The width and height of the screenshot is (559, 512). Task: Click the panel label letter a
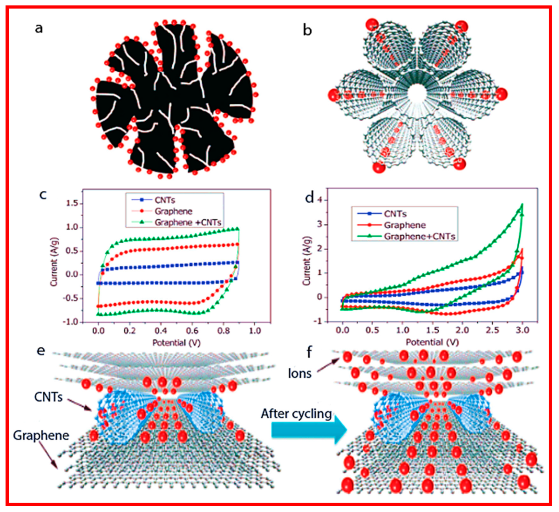point(39,28)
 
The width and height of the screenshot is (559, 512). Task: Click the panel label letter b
point(307,30)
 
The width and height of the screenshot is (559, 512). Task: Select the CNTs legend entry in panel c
point(165,200)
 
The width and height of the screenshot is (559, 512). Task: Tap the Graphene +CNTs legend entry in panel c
point(188,222)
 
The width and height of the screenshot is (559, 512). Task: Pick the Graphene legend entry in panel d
point(405,225)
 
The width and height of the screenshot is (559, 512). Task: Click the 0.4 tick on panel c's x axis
point(161,331)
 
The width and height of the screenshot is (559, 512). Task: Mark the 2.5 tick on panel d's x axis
point(492,330)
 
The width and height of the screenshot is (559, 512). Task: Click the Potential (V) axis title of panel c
point(176,343)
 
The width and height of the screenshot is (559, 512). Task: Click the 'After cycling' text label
point(296,414)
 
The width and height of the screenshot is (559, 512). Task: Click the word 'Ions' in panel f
point(299,374)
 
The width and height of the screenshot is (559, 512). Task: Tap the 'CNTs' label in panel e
point(49,397)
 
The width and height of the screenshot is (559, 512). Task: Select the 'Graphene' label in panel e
point(41,435)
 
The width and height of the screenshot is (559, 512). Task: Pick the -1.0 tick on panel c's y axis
point(71,322)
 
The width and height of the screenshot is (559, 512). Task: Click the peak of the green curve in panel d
point(522,204)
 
